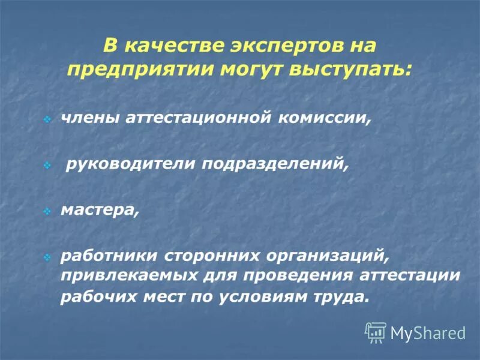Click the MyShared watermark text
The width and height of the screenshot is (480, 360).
click(x=428, y=332)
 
